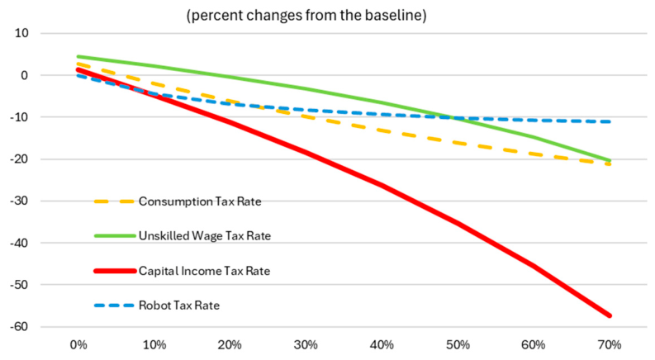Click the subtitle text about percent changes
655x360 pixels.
[x=306, y=16]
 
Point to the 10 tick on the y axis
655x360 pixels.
[x=21, y=33]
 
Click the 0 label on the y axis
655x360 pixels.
[x=25, y=75]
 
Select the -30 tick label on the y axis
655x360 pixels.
[x=19, y=201]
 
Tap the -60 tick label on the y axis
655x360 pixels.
[x=19, y=327]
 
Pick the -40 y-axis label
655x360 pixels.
[x=19, y=243]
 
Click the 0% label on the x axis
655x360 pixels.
[x=78, y=345]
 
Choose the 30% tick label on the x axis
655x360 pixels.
[x=306, y=345]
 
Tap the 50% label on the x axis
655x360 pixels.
[x=458, y=345]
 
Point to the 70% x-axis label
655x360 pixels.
[x=610, y=345]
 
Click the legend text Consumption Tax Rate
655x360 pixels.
[x=200, y=201]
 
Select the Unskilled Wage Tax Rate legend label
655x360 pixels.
[x=205, y=236]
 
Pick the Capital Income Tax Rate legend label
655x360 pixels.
[x=204, y=271]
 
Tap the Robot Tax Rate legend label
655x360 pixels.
[x=179, y=306]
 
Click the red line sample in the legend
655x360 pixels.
[x=115, y=271]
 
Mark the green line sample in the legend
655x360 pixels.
[x=115, y=236]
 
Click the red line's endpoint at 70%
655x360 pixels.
[x=610, y=315]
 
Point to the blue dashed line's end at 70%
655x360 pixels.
[x=610, y=121]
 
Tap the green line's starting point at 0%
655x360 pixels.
[x=78, y=57]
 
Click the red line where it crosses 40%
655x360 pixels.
[x=382, y=186]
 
